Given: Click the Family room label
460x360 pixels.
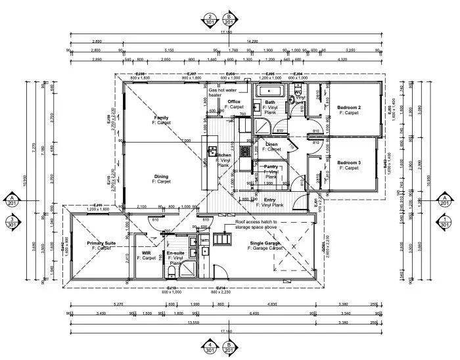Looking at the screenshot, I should (161, 118).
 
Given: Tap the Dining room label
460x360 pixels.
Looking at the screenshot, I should (161, 177).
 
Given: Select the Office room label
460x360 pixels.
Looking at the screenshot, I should (234, 101).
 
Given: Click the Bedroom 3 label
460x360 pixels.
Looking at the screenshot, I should (349, 162).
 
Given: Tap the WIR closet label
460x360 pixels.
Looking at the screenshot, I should (147, 254).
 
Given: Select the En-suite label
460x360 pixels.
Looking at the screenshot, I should (175, 253).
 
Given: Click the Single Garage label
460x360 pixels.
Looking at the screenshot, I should (265, 244).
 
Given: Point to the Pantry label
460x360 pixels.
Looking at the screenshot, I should (271, 167).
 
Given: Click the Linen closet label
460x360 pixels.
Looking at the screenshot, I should (271, 144).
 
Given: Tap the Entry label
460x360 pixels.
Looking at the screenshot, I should (270, 200).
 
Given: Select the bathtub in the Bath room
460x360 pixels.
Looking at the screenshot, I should (269, 91).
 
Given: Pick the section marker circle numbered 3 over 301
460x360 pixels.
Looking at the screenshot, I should (11, 222).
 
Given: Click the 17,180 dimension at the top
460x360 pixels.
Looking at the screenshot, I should (227, 32).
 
